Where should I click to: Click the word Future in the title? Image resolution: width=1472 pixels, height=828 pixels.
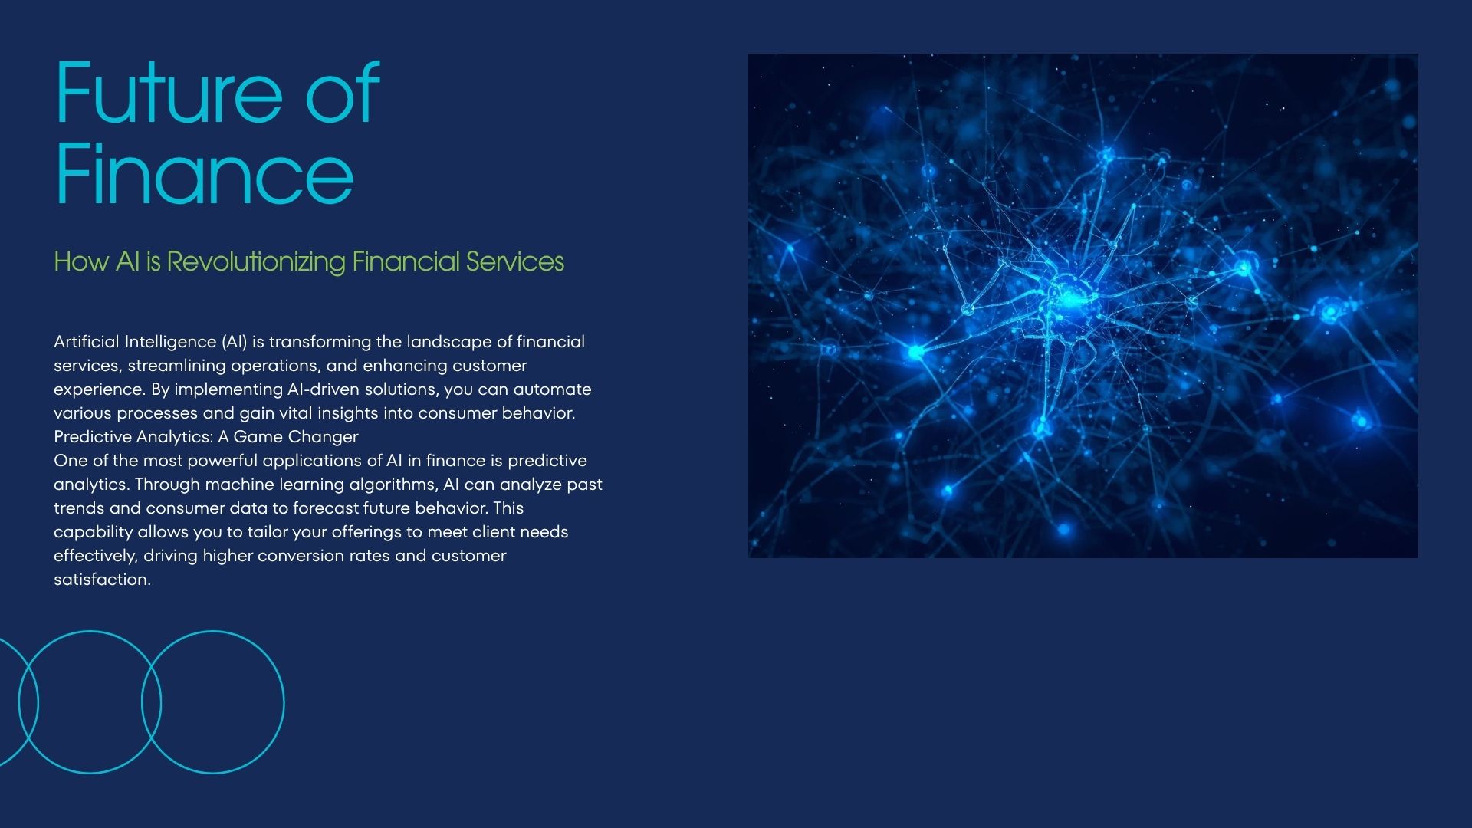(169, 93)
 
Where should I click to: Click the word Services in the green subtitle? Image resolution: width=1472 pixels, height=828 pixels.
(514, 262)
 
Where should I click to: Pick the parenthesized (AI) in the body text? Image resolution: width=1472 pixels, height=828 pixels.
(233, 342)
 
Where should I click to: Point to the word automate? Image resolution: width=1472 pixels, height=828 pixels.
(552, 389)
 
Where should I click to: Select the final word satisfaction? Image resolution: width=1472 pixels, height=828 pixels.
(102, 580)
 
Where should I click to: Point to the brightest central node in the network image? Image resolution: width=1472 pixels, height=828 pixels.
(1067, 295)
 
